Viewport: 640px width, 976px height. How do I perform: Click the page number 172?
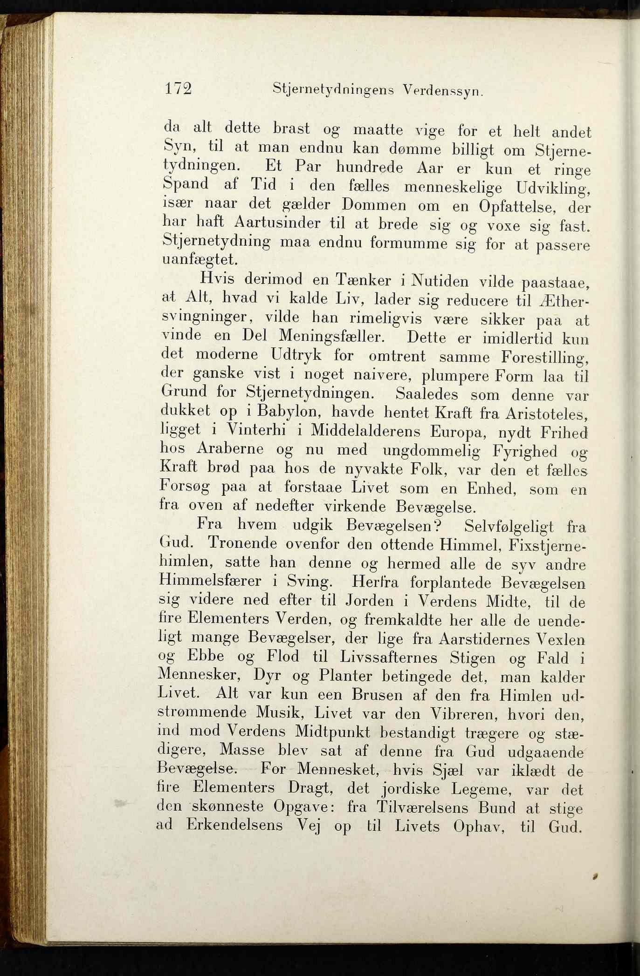coord(178,88)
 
